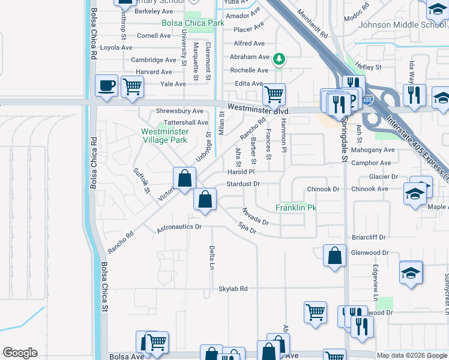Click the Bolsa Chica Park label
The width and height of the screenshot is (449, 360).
coord(193,23)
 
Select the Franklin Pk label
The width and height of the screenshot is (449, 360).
coord(296,208)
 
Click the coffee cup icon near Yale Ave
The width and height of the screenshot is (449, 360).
coord(107,85)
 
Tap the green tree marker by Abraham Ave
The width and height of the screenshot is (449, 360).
coord(278,59)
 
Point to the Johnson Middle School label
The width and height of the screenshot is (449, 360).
coord(402,25)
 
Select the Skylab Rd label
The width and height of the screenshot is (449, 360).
coord(233,289)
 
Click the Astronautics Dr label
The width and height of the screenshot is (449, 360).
coord(179,227)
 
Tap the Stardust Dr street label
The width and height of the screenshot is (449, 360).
coord(243,184)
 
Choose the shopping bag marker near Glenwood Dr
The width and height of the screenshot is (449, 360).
coord(334,255)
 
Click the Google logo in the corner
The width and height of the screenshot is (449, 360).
coord(20,353)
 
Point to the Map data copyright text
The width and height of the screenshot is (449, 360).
coord(412,355)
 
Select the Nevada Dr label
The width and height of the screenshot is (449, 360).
coord(255,217)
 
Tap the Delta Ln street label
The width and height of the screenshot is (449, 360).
coord(212,257)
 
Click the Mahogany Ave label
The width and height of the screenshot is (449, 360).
coord(373,150)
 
